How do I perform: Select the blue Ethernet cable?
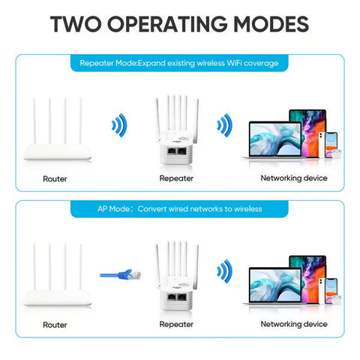point(120,273)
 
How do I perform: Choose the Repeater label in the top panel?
point(176,178)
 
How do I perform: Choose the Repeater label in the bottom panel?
point(176,325)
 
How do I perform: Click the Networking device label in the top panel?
point(293,178)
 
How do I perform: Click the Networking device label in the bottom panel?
point(293,325)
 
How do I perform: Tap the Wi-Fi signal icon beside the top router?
point(117,124)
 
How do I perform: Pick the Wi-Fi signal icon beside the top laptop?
point(223,124)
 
